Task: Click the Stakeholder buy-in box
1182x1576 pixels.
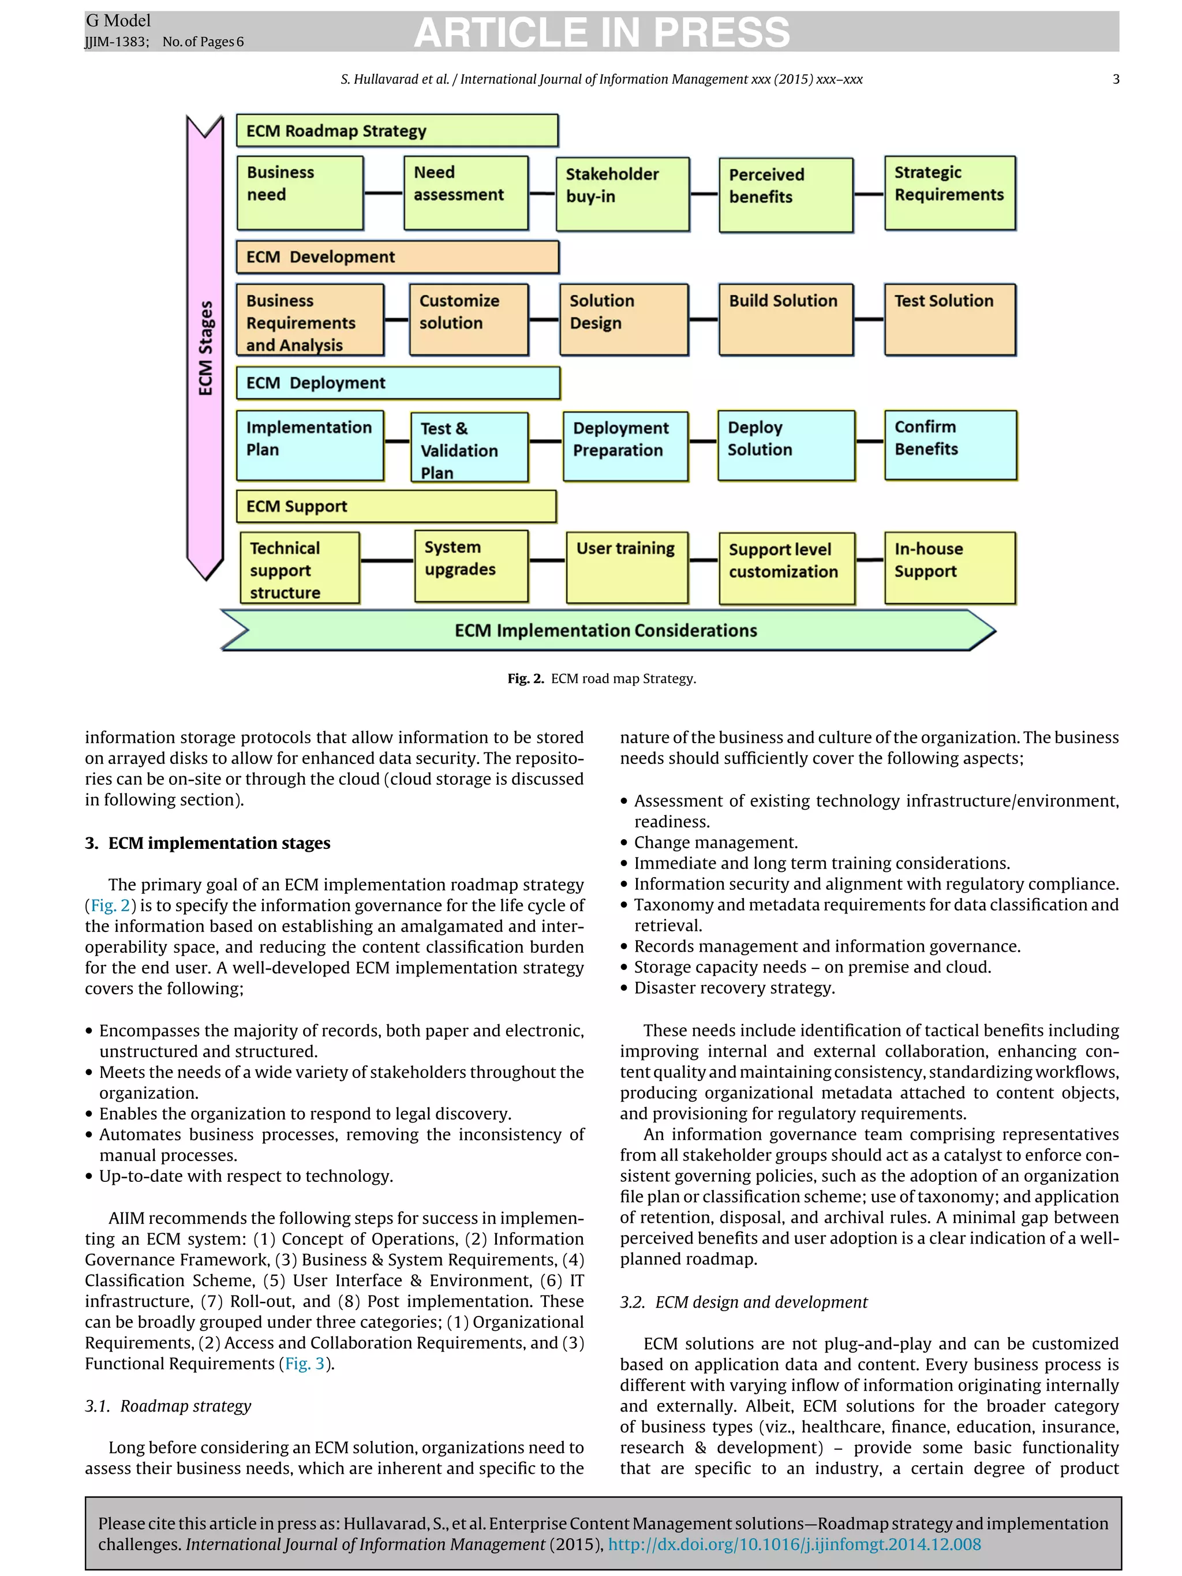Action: pos(622,194)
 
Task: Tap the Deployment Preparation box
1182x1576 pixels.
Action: pos(625,446)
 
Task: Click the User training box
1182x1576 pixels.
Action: pos(626,567)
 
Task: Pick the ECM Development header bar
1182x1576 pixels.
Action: pos(397,257)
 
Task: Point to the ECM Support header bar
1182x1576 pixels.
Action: pos(395,507)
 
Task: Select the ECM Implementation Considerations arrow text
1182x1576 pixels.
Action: pos(605,631)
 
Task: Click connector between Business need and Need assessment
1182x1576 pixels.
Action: pos(383,193)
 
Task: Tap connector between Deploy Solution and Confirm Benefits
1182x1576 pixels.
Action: pos(869,441)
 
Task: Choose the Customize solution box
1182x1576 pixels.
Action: pos(468,319)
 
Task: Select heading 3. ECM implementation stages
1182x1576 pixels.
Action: pos(207,844)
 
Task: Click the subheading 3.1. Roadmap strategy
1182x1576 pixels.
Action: pos(168,1406)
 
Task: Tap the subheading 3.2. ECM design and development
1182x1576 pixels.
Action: pos(743,1302)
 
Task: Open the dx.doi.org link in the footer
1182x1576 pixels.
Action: pos(794,1545)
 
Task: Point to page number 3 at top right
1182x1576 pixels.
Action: pos(1115,80)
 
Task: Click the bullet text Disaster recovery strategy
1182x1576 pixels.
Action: pos(734,988)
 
